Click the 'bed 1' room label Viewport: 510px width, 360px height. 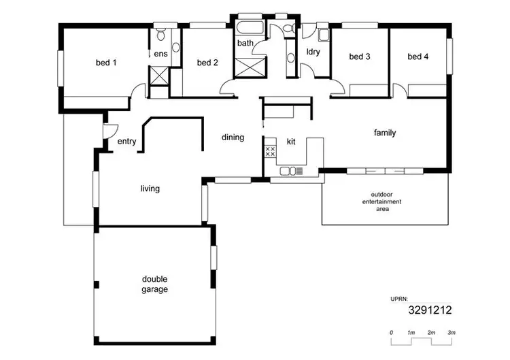(x=105, y=63)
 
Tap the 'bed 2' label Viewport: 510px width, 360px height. (x=207, y=63)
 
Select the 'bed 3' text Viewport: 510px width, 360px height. (x=359, y=56)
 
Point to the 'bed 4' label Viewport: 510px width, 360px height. (x=418, y=56)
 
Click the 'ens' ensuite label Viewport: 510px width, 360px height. (x=160, y=54)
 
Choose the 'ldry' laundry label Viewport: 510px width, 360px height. (x=313, y=52)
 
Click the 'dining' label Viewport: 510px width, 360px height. (x=233, y=137)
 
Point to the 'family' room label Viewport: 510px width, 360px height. (x=385, y=133)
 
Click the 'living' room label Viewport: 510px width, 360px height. (x=150, y=189)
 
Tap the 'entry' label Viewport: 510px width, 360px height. (x=126, y=142)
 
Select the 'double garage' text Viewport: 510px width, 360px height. (x=155, y=284)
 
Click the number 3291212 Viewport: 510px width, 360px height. (x=430, y=310)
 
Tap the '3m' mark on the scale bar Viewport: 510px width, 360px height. (x=451, y=332)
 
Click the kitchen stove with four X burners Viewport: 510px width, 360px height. (x=270, y=151)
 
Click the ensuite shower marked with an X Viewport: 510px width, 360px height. (x=159, y=75)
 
